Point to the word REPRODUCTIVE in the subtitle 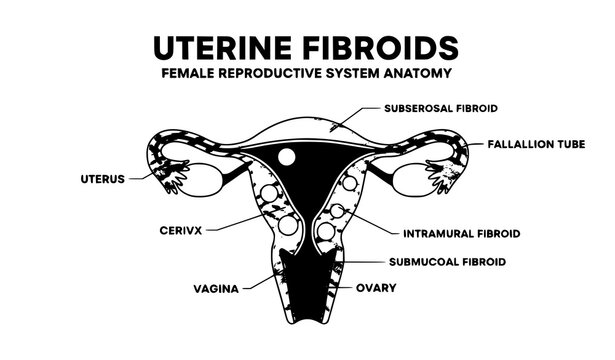(282, 73)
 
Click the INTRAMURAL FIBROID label (461, 235)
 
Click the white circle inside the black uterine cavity (286, 157)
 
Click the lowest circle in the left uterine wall (287, 226)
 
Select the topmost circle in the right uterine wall (350, 185)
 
